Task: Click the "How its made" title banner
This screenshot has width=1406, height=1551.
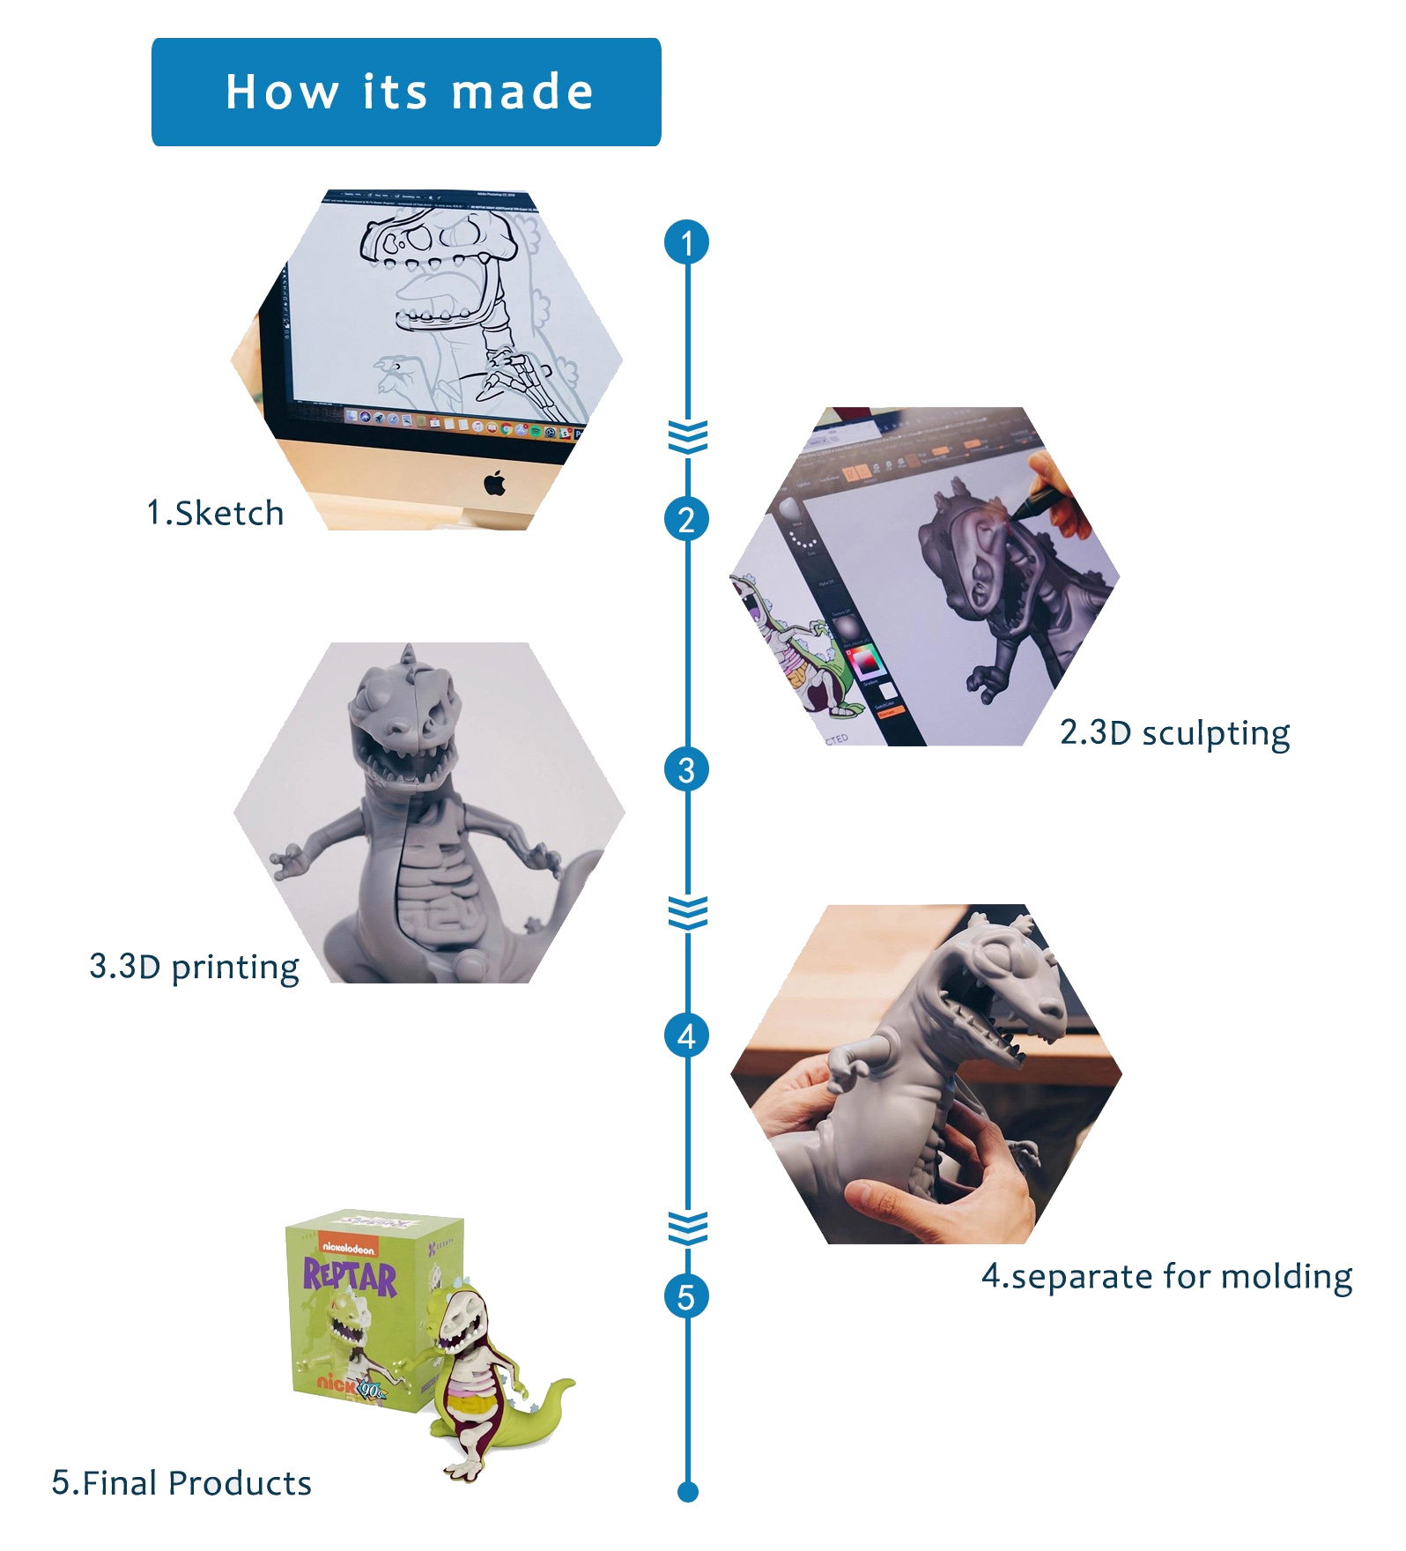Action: tap(406, 92)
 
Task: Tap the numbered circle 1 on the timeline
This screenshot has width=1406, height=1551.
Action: tap(687, 242)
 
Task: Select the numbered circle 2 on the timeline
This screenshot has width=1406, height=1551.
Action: tap(687, 519)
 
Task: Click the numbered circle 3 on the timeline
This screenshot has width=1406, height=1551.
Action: tap(687, 769)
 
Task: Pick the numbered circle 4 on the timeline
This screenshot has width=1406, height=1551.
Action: tap(687, 1035)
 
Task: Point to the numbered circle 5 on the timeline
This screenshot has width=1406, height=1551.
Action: tap(687, 1296)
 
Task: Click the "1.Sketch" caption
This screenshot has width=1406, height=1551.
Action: tap(215, 513)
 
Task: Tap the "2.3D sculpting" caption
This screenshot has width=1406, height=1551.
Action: tap(1174, 733)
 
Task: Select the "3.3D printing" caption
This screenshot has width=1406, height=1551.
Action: tap(194, 967)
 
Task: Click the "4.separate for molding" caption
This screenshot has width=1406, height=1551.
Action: tap(1166, 1276)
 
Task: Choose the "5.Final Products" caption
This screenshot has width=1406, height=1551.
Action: tap(181, 1483)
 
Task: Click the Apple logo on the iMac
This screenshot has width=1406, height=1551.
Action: tap(495, 483)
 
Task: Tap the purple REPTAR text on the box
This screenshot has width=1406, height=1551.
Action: tap(350, 1276)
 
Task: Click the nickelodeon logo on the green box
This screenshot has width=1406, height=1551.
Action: tap(349, 1247)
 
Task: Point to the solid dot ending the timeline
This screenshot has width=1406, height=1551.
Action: tap(688, 1492)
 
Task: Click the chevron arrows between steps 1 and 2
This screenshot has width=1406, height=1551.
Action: tap(687, 437)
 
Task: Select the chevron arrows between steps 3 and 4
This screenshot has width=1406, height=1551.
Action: tap(687, 913)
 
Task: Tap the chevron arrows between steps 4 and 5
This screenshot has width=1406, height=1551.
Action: tap(687, 1228)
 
